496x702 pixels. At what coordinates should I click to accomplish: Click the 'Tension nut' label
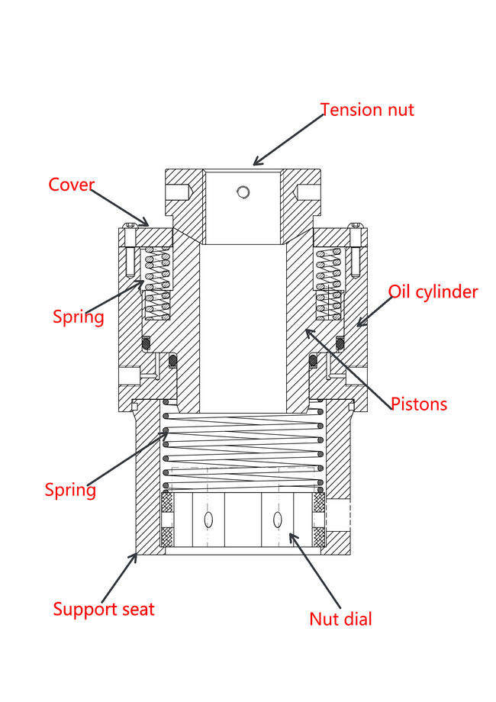(367, 109)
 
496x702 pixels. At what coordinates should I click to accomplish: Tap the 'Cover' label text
(72, 185)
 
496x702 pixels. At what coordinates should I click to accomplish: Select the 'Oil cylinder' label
(433, 291)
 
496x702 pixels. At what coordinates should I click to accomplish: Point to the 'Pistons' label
(419, 403)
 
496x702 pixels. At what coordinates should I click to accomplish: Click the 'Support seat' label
(104, 609)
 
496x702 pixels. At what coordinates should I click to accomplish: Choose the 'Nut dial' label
(340, 619)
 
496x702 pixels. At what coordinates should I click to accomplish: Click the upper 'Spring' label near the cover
(78, 316)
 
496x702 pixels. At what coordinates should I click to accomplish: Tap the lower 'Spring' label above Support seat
(70, 489)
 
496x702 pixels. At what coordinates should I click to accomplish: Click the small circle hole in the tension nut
(243, 192)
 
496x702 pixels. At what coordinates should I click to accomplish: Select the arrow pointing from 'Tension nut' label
(288, 139)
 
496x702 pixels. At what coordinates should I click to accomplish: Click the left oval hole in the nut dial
(208, 520)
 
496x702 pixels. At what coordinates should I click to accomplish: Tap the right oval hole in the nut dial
(278, 520)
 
